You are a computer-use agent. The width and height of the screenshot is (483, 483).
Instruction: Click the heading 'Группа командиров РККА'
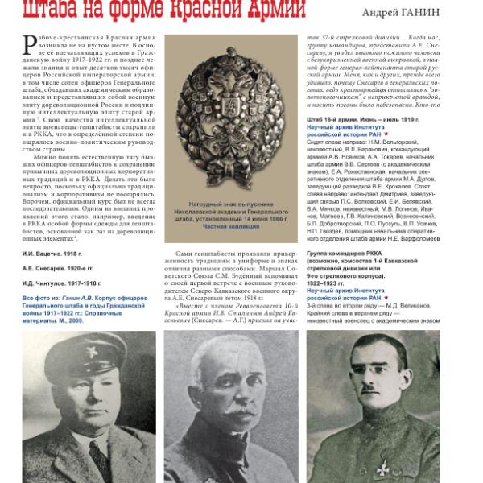tap(352, 253)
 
